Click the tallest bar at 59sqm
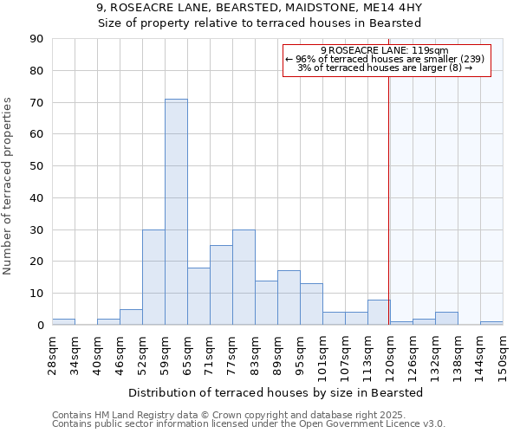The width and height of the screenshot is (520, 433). (x=176, y=212)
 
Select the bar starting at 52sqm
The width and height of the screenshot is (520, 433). (x=153, y=277)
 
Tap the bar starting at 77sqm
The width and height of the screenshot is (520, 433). (x=244, y=277)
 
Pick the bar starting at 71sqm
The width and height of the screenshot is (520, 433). (x=221, y=285)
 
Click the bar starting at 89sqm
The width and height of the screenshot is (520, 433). (x=289, y=298)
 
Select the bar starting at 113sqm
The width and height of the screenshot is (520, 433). (x=379, y=313)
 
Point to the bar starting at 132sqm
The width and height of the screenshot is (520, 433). (x=446, y=319)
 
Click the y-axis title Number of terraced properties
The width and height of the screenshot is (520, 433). (x=9, y=186)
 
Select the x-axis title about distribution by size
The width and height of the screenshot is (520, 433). (x=276, y=393)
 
